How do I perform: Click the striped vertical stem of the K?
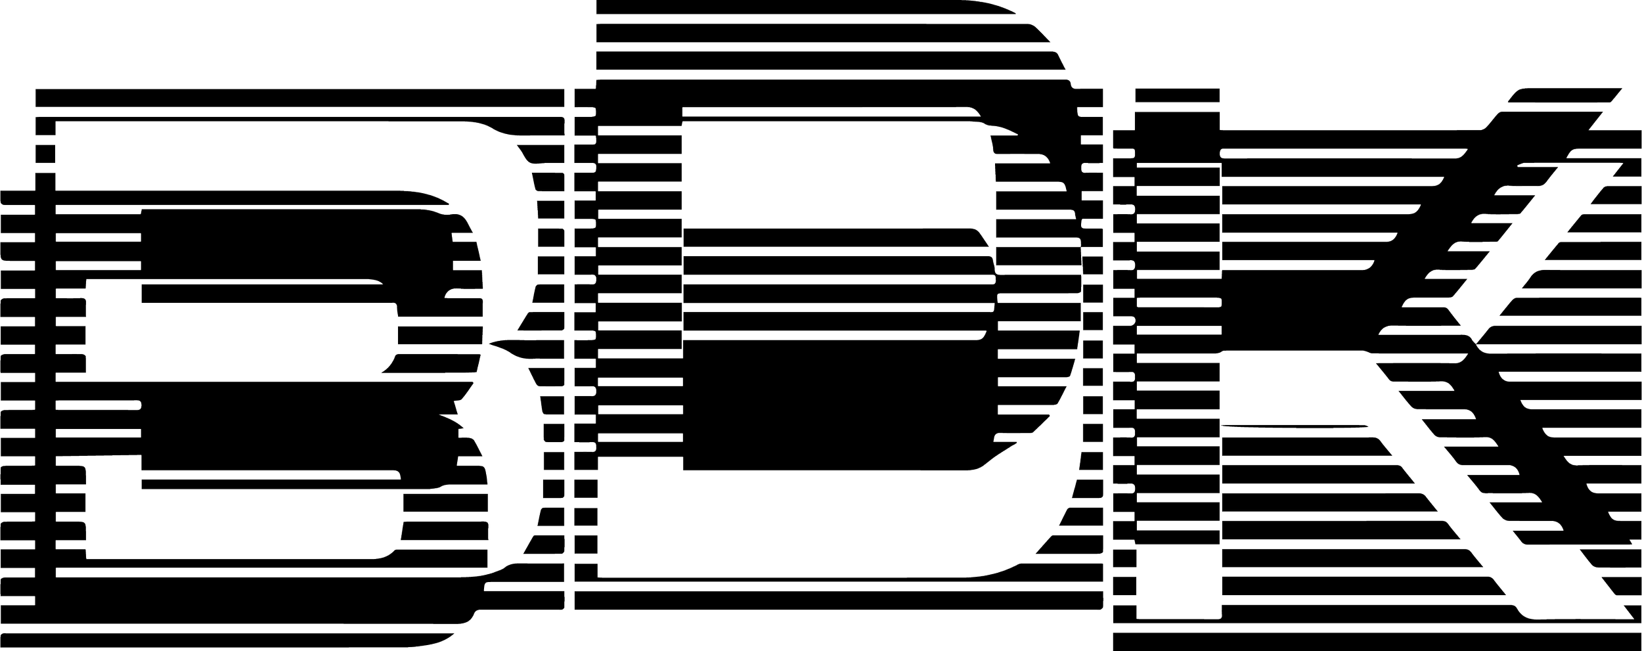click(1176, 394)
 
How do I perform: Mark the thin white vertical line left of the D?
click(569, 328)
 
